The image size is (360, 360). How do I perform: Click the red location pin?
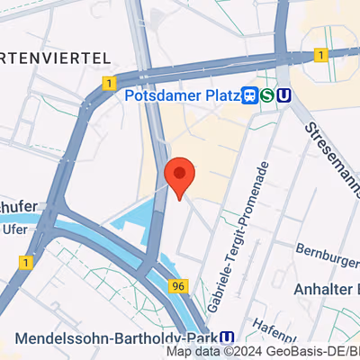[180, 176]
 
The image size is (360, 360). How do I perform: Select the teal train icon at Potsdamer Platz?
[249, 95]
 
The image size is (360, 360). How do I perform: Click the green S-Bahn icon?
[267, 95]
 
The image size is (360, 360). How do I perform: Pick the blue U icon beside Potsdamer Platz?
[284, 95]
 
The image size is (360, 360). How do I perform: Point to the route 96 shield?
[178, 285]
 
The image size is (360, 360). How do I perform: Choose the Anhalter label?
[326, 289]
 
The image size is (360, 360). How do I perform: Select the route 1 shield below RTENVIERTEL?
[108, 83]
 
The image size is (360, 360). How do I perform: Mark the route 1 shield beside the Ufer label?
[24, 262]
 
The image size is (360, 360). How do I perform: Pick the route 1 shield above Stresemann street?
[320, 56]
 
